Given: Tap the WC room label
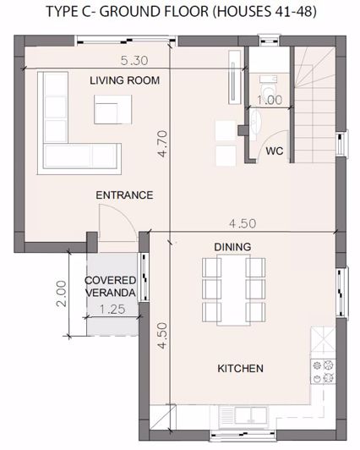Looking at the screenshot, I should pos(274,151).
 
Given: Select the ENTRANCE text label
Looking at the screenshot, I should pos(124,195).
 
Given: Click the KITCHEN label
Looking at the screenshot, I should pos(241,369).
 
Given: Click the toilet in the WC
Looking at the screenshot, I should pos(268,89).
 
